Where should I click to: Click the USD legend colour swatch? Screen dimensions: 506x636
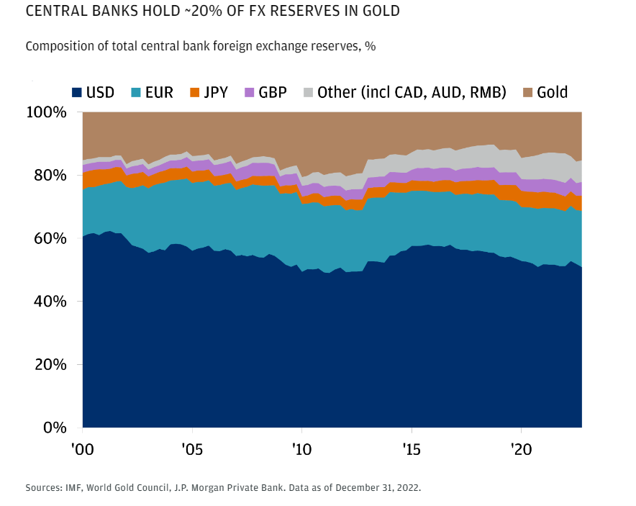point(76,92)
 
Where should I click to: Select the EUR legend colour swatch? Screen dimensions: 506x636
point(135,92)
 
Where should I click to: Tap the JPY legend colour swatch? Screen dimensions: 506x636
point(194,92)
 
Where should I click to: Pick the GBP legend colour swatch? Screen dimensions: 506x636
point(250,92)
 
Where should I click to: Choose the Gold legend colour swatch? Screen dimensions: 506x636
point(527,92)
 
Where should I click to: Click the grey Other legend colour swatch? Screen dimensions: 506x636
point(308,92)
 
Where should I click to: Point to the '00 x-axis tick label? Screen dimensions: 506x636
point(82,449)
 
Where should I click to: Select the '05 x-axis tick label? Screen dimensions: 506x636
point(192,449)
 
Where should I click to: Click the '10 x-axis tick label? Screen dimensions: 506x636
point(301,449)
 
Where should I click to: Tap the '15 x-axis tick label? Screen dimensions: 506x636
point(411,449)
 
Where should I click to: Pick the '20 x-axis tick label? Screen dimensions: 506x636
point(520,449)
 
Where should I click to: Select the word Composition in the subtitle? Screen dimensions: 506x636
point(59,46)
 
